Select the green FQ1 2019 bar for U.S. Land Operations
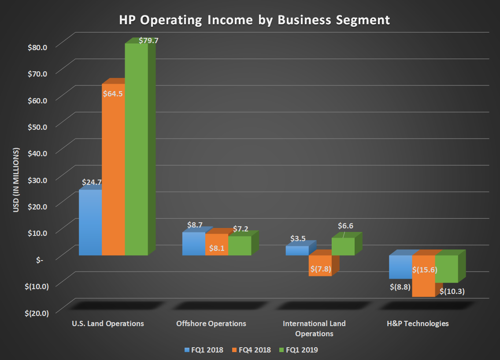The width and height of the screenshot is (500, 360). [136, 150]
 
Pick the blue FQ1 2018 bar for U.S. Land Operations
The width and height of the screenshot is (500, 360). [90, 222]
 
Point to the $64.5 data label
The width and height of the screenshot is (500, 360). [113, 93]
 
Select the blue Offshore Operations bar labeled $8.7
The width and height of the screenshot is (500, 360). [193, 244]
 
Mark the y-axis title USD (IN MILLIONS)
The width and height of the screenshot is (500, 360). [16, 180]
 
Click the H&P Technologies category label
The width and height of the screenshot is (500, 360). [418, 323]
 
